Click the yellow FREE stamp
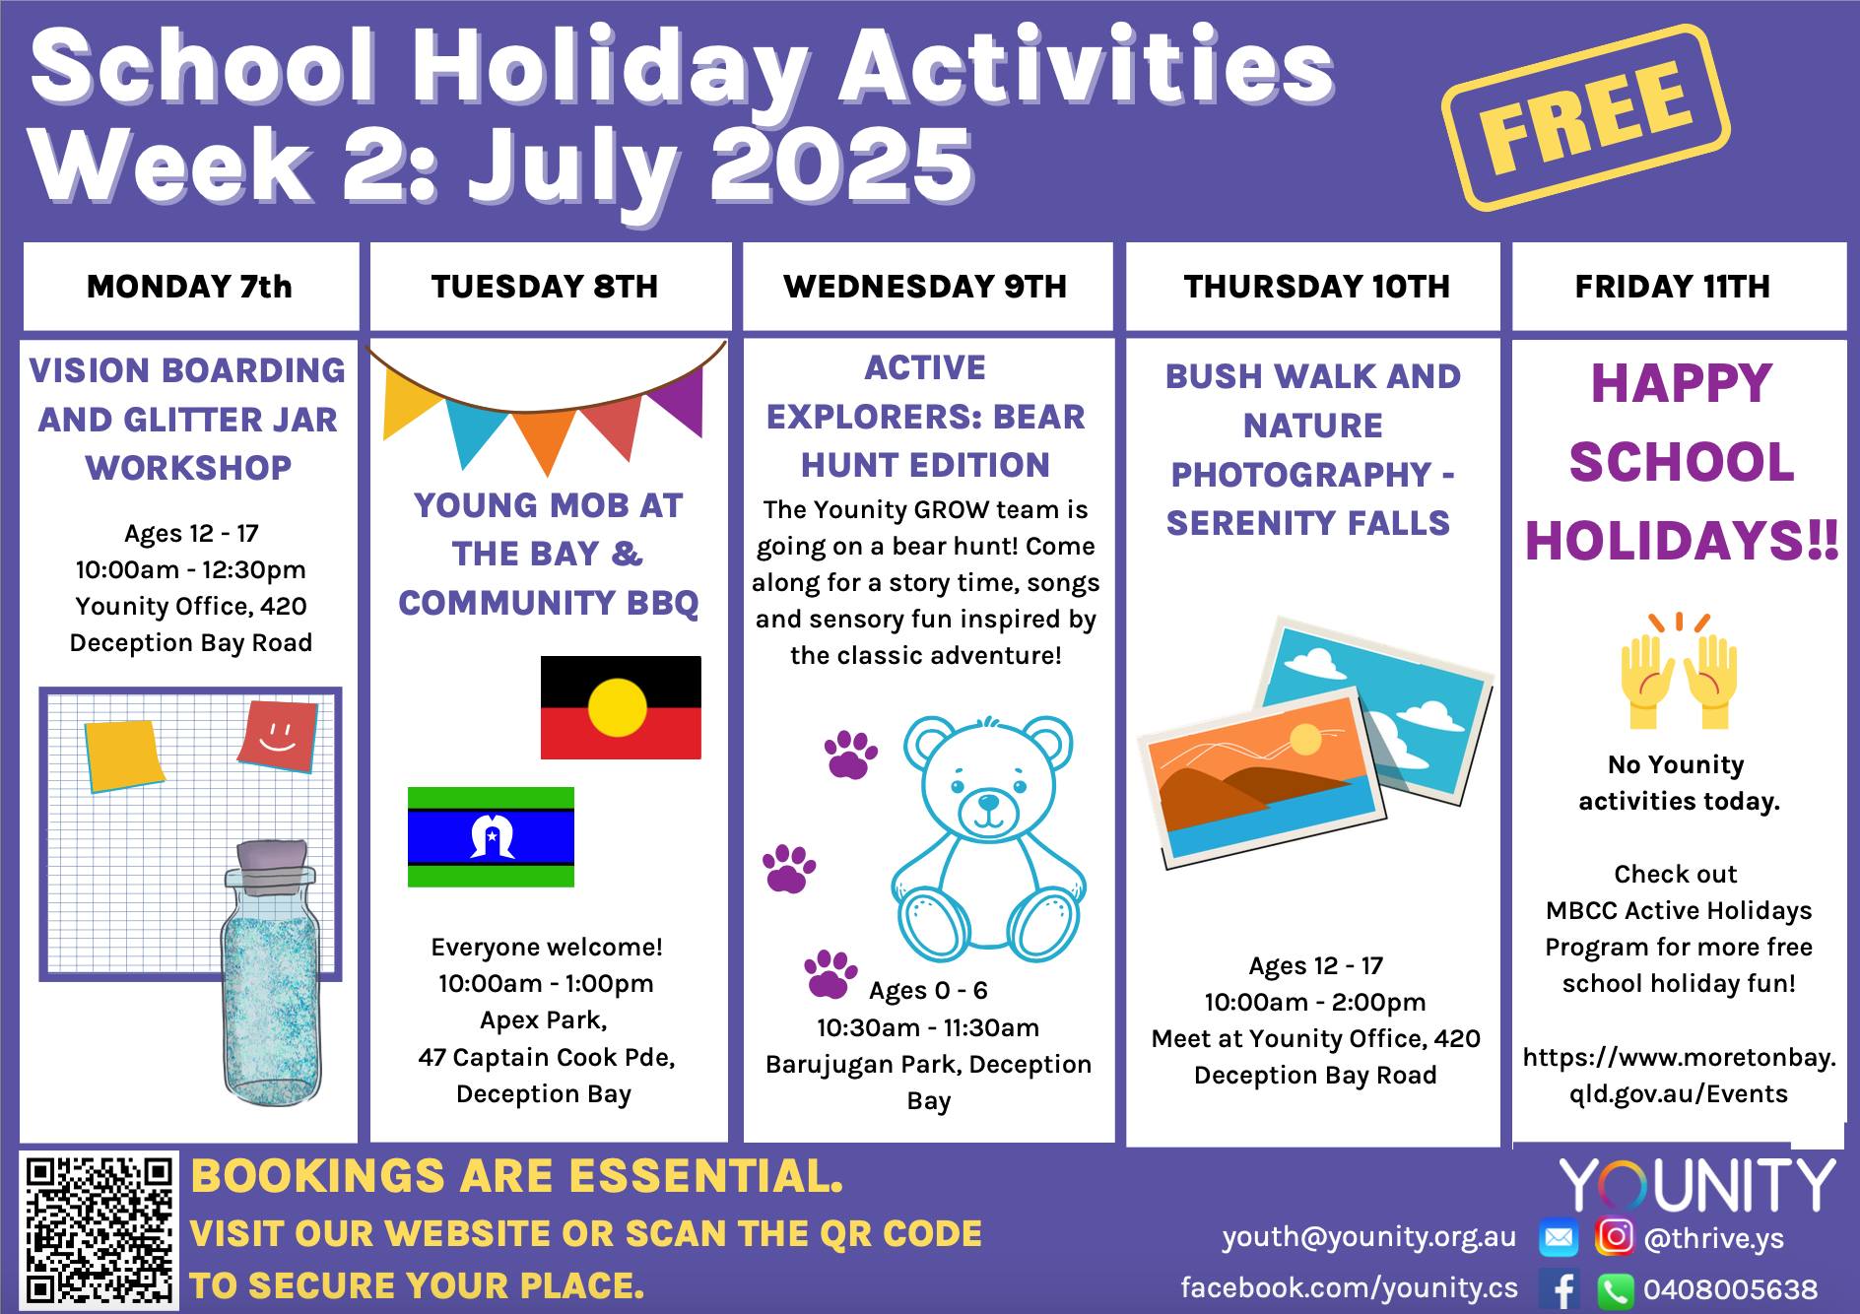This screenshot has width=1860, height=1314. (1585, 117)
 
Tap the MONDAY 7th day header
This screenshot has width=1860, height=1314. (190, 287)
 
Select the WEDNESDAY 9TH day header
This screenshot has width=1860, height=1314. (926, 287)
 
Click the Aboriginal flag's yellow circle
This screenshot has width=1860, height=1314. (618, 708)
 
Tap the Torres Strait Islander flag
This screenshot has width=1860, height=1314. (491, 837)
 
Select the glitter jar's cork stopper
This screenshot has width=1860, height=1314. (272, 867)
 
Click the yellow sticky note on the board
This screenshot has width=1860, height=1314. (123, 756)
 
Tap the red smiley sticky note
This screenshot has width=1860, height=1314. (278, 736)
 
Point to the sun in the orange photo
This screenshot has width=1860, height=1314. (1305, 739)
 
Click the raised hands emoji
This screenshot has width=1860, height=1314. (1678, 671)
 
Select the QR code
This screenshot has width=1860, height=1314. (98, 1230)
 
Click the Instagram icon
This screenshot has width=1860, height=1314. (1614, 1236)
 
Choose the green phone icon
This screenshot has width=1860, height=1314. (1615, 1289)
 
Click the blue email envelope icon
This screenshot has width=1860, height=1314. (1559, 1238)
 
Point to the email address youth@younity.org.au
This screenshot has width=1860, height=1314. (1369, 1237)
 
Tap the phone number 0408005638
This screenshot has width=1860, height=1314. (1730, 1289)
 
